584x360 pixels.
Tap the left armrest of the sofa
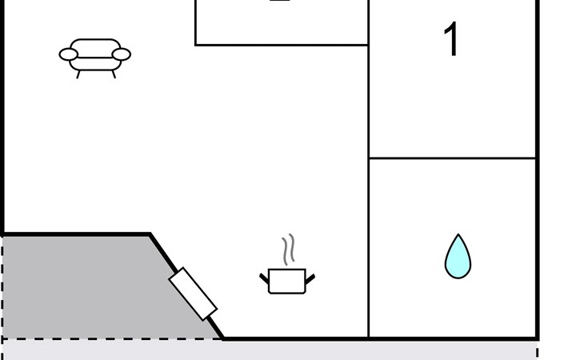pos(69,54)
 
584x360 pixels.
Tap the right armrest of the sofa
pos(121,54)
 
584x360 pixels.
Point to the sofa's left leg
pos(78,74)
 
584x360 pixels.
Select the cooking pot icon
pos(286,280)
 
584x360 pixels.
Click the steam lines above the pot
pos(289,249)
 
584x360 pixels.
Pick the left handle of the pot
pos(264,278)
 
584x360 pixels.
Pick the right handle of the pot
pos(310,278)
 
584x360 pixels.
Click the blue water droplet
pos(458,258)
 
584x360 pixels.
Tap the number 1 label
pos(452,40)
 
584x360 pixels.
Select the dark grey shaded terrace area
pos(80,288)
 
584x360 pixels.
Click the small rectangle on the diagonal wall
pos(193,292)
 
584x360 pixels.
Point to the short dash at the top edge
pos(279,2)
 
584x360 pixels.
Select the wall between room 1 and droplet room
pos(452,158)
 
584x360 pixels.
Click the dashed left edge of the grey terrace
pos(2,288)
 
